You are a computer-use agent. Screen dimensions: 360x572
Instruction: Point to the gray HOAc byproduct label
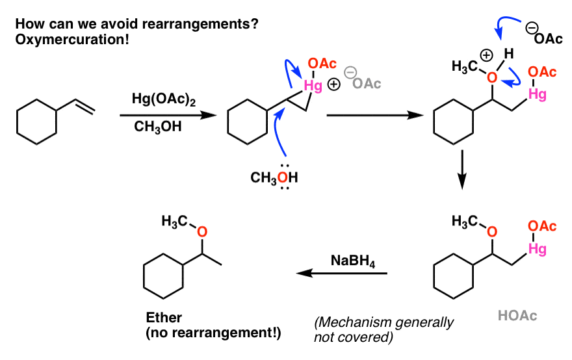[x=518, y=316]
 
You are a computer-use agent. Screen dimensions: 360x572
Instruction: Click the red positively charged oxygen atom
[x=493, y=78]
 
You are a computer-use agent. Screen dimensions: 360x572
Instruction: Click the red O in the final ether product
[x=201, y=231]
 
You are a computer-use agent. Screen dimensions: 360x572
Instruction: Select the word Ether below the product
[x=164, y=318]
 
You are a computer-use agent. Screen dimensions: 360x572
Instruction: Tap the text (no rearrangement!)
[x=214, y=334]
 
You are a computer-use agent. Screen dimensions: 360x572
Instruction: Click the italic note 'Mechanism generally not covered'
[x=383, y=329]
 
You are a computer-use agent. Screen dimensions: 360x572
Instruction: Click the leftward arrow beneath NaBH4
[x=341, y=274]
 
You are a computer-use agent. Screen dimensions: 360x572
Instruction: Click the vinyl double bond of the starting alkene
[x=86, y=106]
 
